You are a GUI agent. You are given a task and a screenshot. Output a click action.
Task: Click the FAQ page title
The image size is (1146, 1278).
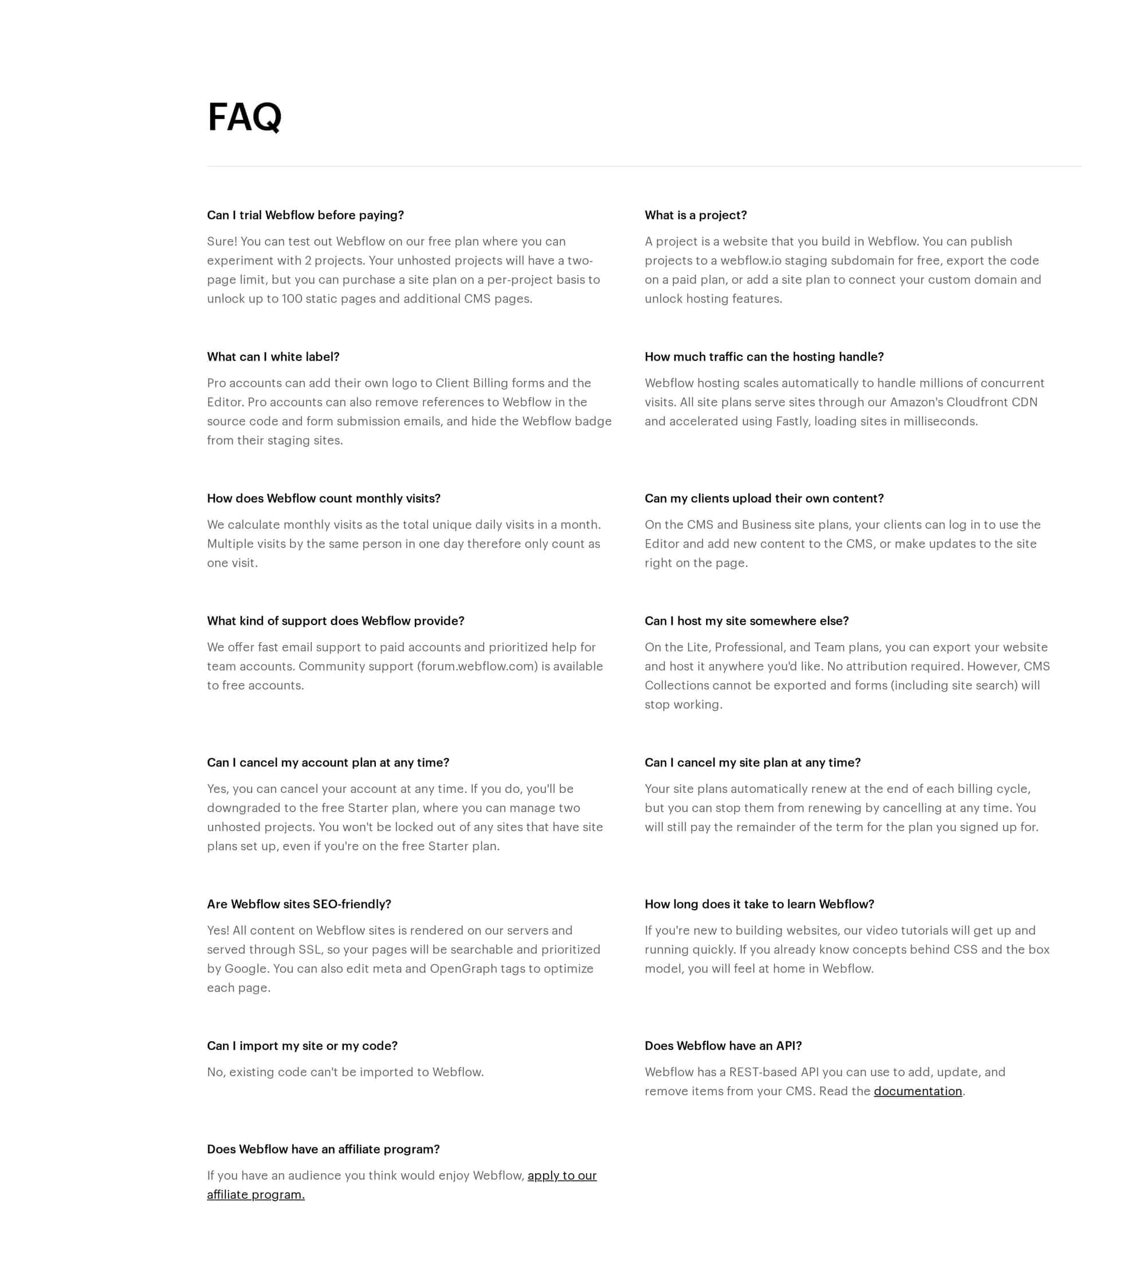click(244, 117)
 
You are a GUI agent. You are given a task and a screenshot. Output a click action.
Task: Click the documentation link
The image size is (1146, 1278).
click(917, 1091)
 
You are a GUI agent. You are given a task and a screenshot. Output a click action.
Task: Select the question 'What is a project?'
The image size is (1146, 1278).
click(695, 215)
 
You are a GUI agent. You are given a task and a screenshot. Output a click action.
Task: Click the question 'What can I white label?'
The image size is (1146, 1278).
click(273, 357)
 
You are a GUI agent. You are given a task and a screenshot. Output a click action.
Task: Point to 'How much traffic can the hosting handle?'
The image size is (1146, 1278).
click(764, 357)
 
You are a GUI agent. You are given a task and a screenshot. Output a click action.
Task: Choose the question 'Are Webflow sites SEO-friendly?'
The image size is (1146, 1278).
click(299, 904)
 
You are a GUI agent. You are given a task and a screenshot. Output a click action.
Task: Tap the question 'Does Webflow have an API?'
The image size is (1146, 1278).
click(723, 1045)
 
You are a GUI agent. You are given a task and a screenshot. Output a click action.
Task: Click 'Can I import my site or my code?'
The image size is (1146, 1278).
click(302, 1045)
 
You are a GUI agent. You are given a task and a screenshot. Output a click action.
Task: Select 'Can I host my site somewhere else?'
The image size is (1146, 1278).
click(746, 621)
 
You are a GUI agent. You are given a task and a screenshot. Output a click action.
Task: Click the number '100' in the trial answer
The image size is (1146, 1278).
click(292, 299)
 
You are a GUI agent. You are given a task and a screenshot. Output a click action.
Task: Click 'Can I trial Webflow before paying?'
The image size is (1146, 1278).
click(305, 215)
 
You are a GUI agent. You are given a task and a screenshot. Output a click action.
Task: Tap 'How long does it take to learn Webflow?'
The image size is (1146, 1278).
click(759, 904)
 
